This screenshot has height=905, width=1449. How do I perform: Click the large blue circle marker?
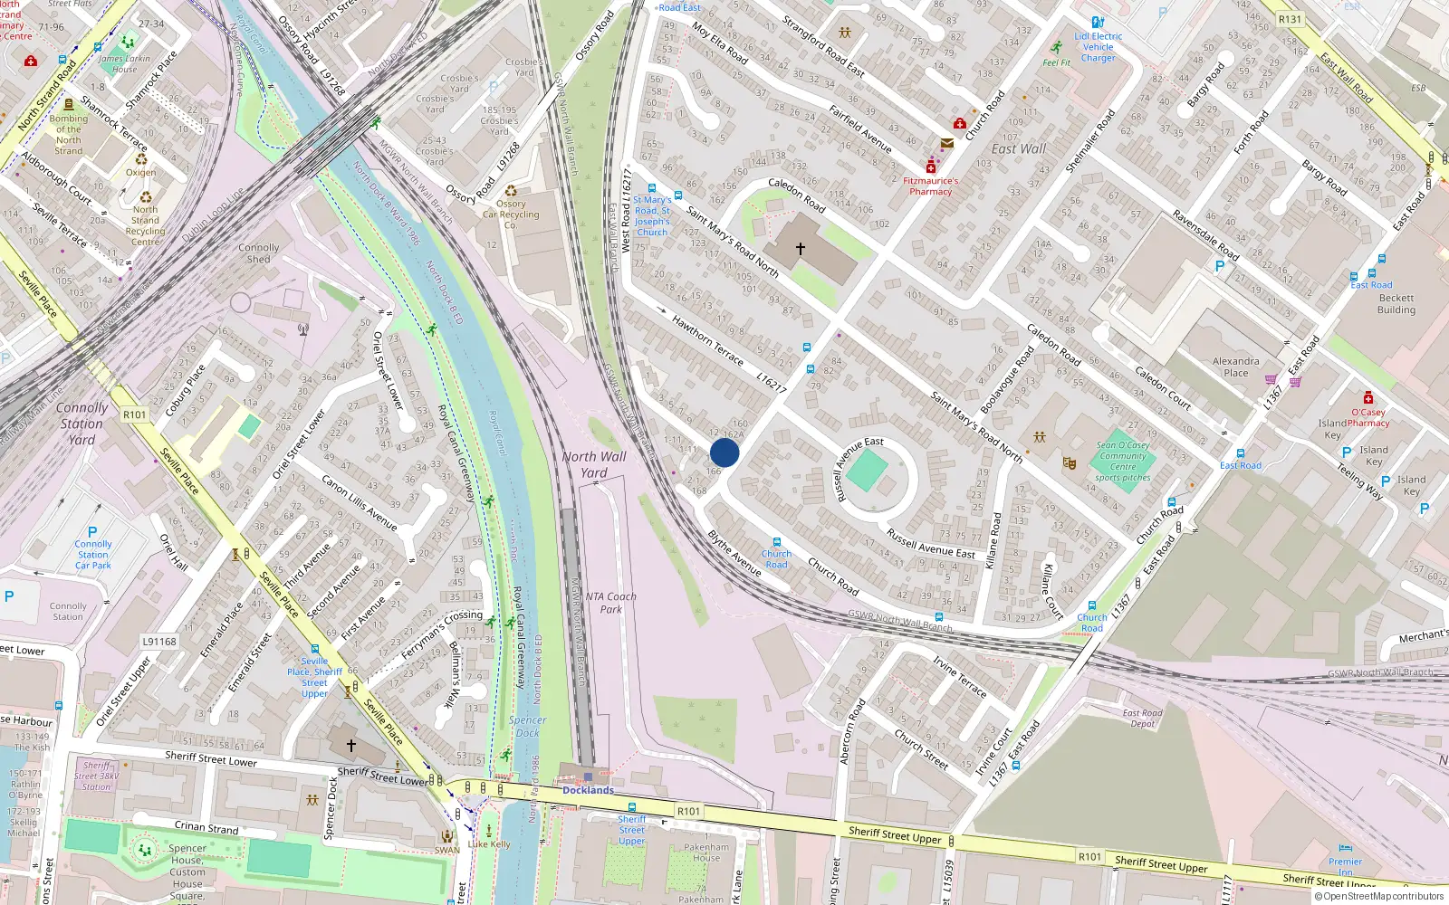point(724,452)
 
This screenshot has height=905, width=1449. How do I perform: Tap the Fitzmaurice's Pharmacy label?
point(930,186)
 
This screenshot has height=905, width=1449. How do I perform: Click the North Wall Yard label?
point(593,464)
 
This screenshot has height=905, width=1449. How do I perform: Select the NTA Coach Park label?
point(610,603)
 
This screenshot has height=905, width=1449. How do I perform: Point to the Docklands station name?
point(588,790)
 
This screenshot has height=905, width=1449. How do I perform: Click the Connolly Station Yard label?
point(82,424)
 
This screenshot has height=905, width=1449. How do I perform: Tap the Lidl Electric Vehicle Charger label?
point(1098,47)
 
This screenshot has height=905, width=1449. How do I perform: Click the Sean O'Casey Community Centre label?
point(1123,461)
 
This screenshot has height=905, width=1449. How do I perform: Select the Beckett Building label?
point(1396,304)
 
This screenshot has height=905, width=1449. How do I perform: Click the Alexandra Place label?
point(1235,367)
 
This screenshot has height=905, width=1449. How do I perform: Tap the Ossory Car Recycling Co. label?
point(511,214)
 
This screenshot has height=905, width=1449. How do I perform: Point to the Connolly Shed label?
point(259,252)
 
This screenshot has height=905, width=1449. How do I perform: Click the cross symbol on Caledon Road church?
point(801,248)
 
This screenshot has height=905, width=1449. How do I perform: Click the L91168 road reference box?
point(159,642)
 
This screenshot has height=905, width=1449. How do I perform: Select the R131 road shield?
point(1290,19)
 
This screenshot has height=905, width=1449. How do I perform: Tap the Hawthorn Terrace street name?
point(707,340)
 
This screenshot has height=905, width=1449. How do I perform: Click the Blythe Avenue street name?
point(734,553)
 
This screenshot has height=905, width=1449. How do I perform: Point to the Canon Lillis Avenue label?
point(360,503)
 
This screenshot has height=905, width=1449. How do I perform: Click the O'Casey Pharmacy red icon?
point(1367,397)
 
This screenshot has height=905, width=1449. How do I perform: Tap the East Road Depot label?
point(1142,718)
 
